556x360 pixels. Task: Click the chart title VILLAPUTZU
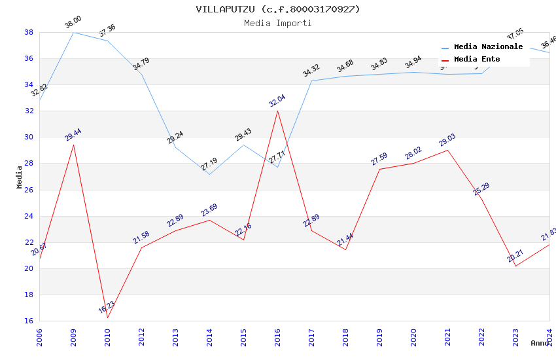(x=277, y=9)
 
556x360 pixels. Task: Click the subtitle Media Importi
(x=277, y=24)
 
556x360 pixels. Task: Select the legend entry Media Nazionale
(x=488, y=47)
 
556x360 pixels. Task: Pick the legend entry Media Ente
(x=477, y=60)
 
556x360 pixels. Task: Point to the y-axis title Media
(x=20, y=177)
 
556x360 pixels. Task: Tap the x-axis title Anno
(x=540, y=343)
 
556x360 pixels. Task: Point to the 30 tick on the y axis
(x=29, y=137)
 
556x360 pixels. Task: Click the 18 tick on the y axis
(x=29, y=295)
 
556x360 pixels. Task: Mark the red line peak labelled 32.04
(x=277, y=110)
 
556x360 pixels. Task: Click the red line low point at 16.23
(x=107, y=317)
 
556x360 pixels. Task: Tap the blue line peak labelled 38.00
(x=73, y=32)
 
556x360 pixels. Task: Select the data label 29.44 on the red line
(x=73, y=135)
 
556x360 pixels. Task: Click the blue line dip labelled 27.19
(x=209, y=174)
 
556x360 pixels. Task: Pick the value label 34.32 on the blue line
(x=311, y=71)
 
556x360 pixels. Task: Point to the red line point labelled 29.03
(x=447, y=150)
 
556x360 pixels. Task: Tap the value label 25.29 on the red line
(x=481, y=189)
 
